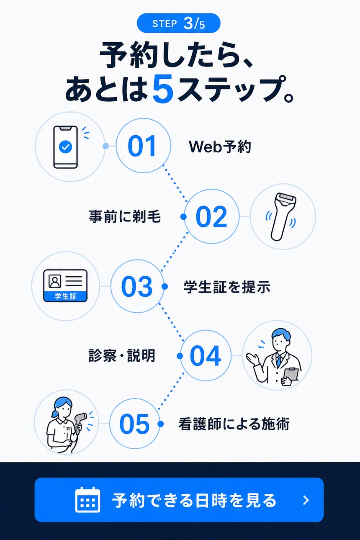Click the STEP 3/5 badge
click(x=179, y=23)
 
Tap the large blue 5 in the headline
click(x=163, y=88)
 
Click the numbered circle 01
click(x=144, y=146)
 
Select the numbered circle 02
click(x=212, y=216)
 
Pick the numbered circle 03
click(x=137, y=286)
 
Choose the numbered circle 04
click(x=206, y=356)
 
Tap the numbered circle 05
click(x=135, y=424)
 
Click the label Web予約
click(x=220, y=147)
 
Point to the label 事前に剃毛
click(x=125, y=216)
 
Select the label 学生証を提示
click(x=227, y=287)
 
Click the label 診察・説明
click(x=122, y=356)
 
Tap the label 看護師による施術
click(x=234, y=424)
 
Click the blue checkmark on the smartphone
click(x=65, y=147)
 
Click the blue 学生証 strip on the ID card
click(x=65, y=296)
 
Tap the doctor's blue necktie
click(x=279, y=361)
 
